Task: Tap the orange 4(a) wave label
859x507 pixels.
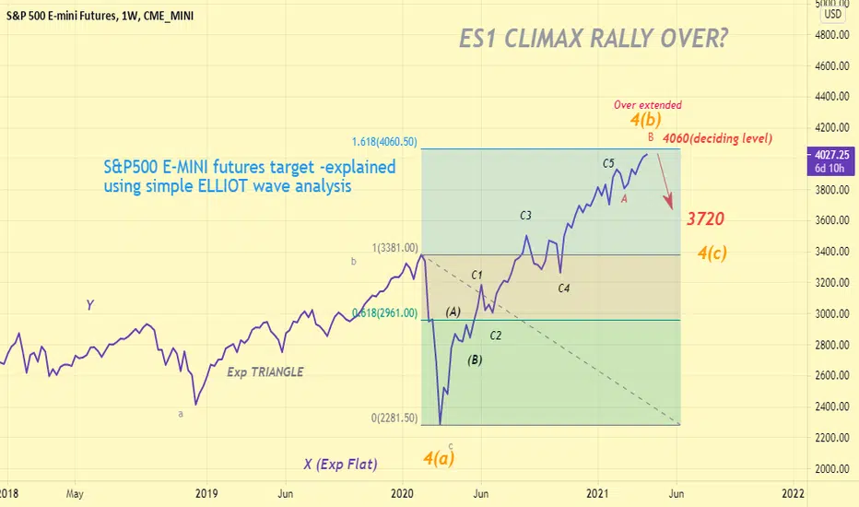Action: click(x=440, y=455)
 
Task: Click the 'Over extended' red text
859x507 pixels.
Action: click(x=648, y=105)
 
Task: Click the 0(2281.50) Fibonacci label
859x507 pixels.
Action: click(x=394, y=418)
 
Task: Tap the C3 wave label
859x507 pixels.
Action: click(x=526, y=216)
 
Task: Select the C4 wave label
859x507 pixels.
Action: click(x=564, y=289)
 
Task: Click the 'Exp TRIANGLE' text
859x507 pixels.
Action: click(x=265, y=372)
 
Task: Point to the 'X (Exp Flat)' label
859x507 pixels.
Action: click(x=340, y=465)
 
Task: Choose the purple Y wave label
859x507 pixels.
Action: click(x=89, y=304)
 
